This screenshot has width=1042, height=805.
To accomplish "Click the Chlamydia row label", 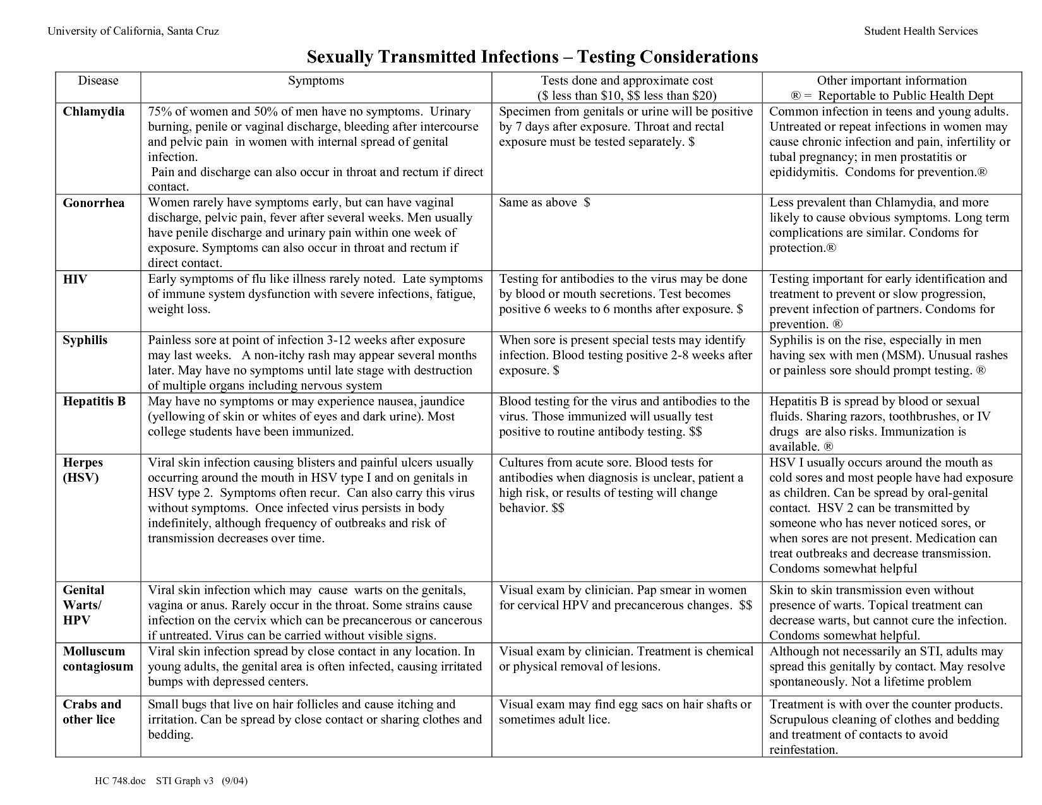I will pyautogui.click(x=93, y=112).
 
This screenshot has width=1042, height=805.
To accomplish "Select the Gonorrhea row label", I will pyautogui.click(x=93, y=203).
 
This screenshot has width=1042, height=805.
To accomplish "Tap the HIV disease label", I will pyautogui.click(x=75, y=279).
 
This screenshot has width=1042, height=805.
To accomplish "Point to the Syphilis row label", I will pyautogui.click(x=85, y=340).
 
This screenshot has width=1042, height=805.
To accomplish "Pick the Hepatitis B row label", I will pyautogui.click(x=94, y=402).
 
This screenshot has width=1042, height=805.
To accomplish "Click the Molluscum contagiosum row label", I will pyautogui.click(x=98, y=659).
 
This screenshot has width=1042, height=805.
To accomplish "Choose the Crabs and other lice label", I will pyautogui.click(x=92, y=712).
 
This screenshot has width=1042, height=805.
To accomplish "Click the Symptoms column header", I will pyautogui.click(x=316, y=81).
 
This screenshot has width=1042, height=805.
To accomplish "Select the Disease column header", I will pyautogui.click(x=98, y=81).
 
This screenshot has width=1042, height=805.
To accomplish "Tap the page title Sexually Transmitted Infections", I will pyautogui.click(x=532, y=57).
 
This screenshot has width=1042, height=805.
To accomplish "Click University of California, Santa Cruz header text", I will pyautogui.click(x=133, y=31).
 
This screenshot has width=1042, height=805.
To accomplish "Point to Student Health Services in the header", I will pyautogui.click(x=920, y=31).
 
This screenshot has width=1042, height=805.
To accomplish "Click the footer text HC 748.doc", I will pyautogui.click(x=120, y=782).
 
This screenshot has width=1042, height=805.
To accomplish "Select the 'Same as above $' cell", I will pyautogui.click(x=544, y=203).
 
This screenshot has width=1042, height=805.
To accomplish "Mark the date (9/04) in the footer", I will pyautogui.click(x=234, y=782).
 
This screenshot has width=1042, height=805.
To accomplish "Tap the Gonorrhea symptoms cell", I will pyautogui.click(x=316, y=233).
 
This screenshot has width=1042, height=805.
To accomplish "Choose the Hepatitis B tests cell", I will pyautogui.click(x=625, y=417).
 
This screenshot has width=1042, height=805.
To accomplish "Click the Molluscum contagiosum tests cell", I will pyautogui.click(x=625, y=659).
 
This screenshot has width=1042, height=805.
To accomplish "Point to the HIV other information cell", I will pyautogui.click(x=890, y=302).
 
